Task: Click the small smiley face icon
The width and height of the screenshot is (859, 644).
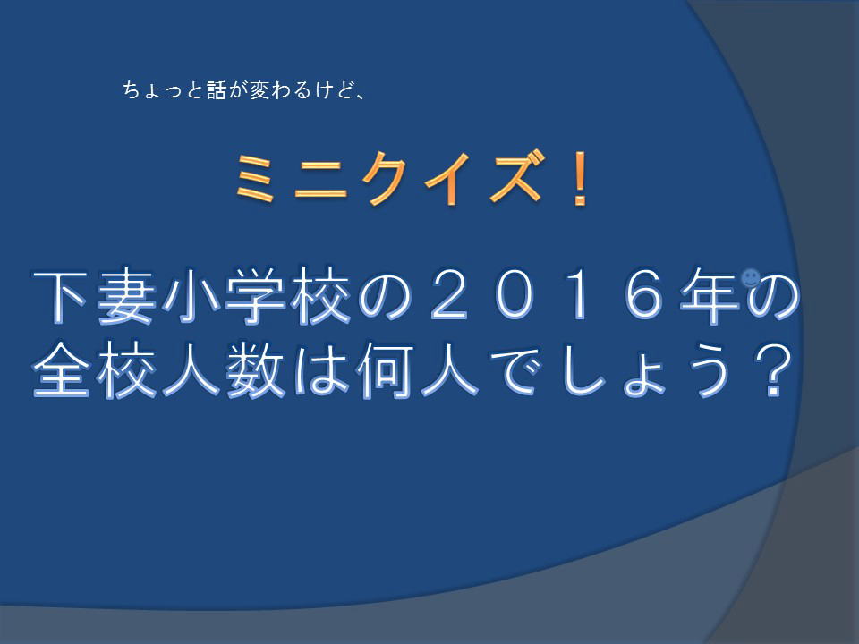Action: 750,277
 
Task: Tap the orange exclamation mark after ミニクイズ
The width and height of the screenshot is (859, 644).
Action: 580,179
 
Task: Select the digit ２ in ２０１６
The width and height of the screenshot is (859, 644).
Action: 449,295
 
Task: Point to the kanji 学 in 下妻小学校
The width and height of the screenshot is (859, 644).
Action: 254,296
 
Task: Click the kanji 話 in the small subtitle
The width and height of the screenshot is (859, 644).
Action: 217,89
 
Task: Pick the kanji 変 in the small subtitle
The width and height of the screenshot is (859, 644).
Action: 259,89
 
